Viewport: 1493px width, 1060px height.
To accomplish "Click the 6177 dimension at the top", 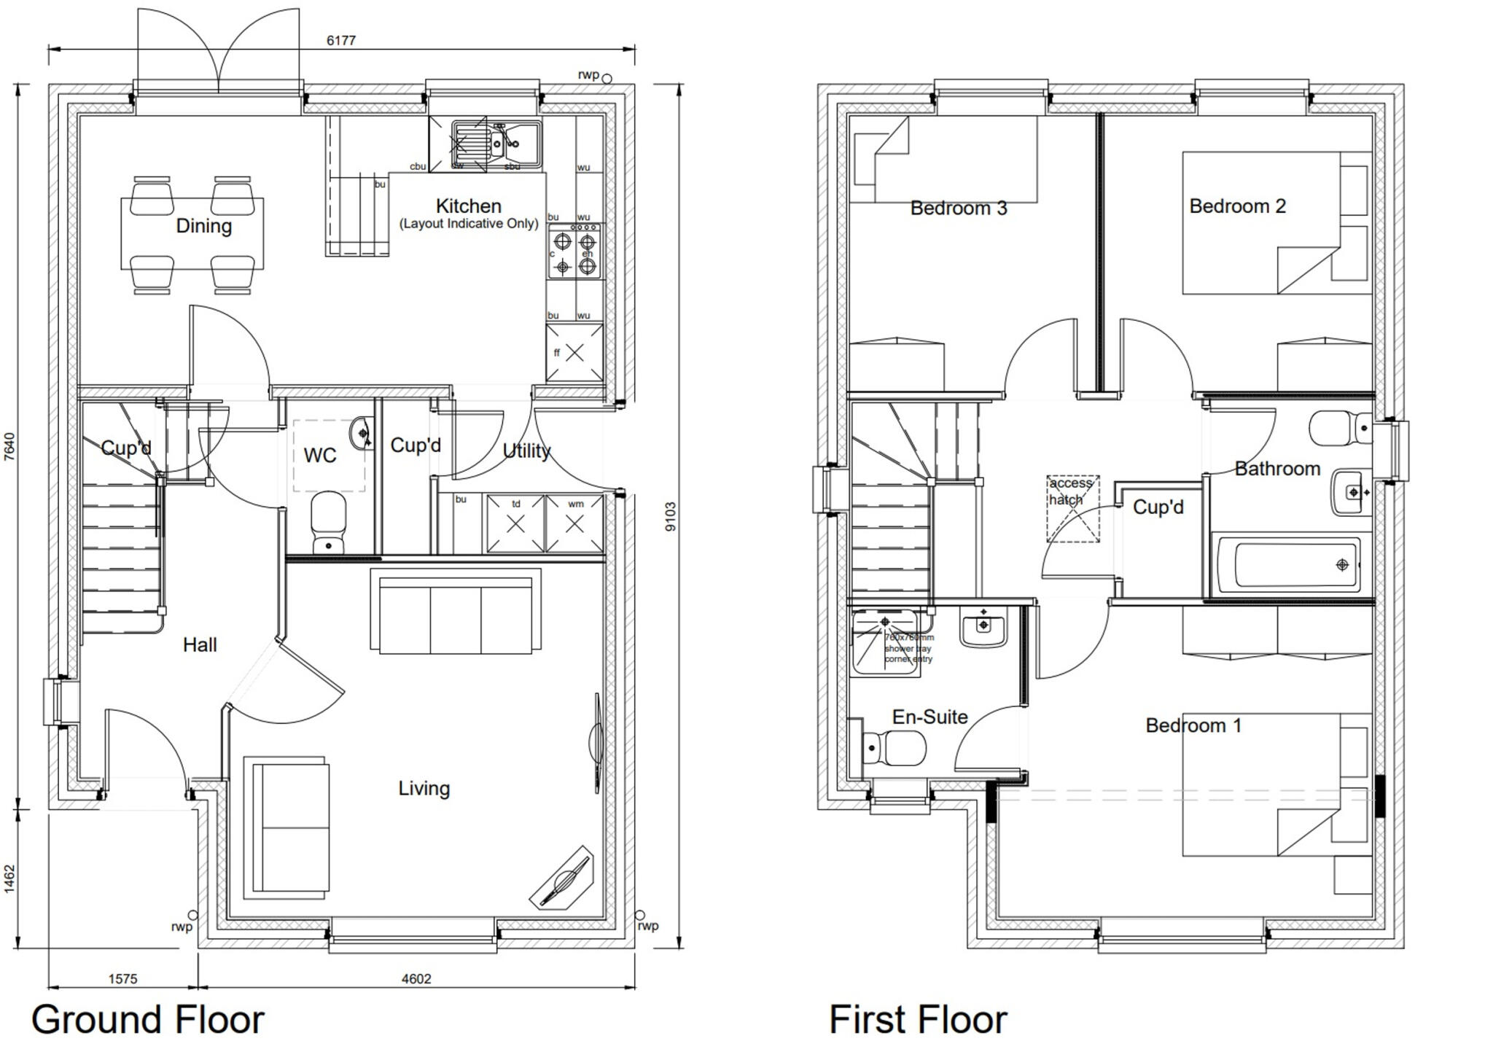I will coord(340,40).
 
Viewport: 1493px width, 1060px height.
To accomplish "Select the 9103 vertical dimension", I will coord(671,516).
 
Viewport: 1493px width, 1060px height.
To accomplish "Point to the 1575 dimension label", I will coord(122,978).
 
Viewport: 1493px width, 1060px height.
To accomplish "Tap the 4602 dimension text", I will coord(416,978).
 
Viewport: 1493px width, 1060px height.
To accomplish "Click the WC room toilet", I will coord(327,521).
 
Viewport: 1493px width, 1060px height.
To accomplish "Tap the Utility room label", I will coord(526,451).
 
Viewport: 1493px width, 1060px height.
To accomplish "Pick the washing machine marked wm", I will coord(574,523).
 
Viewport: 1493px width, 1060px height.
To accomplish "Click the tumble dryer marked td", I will coord(515,523).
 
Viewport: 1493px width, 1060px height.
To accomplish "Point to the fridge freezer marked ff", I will coord(574,353).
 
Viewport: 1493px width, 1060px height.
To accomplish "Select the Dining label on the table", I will coord(203,225).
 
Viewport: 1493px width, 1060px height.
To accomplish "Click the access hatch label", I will coord(1070,491).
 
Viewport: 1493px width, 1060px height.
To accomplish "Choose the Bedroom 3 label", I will coord(958,208).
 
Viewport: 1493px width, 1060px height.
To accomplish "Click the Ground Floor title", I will coord(147,1019).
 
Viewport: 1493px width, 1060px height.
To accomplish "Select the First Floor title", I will coord(917,1019).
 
